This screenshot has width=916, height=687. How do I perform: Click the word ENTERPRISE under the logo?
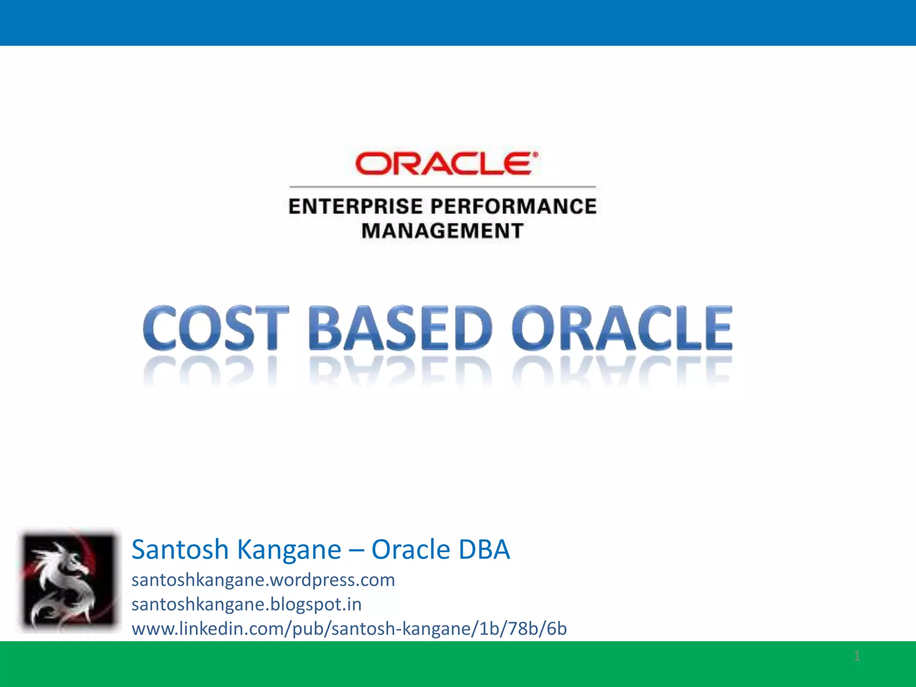tap(356, 207)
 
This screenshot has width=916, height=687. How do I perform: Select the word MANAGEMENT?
tap(442, 231)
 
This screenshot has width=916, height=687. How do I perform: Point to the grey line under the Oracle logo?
tap(442, 187)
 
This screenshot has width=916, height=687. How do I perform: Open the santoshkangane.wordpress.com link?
tap(263, 580)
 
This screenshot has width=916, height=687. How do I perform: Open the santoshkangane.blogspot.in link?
tap(246, 605)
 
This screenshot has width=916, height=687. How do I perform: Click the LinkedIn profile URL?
tap(349, 629)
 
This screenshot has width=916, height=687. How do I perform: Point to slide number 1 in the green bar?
tap(857, 656)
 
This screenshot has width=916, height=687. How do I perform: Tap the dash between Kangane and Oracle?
tap(356, 550)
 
